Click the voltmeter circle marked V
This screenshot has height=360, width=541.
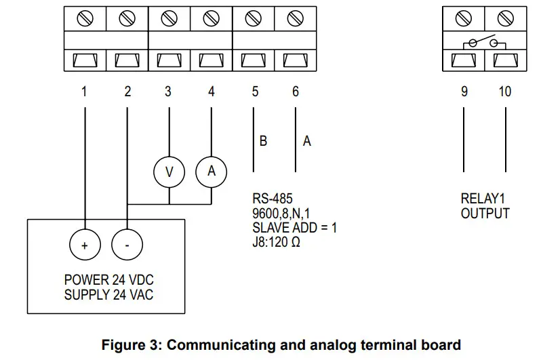click(x=169, y=172)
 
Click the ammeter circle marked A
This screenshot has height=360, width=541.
click(x=211, y=172)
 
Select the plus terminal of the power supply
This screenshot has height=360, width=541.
click(x=85, y=245)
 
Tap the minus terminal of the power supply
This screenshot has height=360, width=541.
click(x=127, y=245)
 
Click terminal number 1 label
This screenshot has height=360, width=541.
click(x=85, y=92)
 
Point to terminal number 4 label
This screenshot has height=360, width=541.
click(x=212, y=92)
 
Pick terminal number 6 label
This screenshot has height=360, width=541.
click(x=296, y=92)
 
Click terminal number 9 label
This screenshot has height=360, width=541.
click(x=464, y=92)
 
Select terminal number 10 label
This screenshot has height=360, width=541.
click(x=505, y=92)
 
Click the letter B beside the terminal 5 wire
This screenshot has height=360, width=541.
click(x=263, y=142)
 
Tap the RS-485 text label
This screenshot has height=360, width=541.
click(x=272, y=199)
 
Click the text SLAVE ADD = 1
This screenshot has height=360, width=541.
click(x=294, y=227)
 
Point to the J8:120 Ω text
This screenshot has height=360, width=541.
click(x=277, y=241)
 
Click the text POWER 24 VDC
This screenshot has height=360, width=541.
click(x=114, y=280)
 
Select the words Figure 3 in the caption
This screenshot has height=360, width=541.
click(x=129, y=344)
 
